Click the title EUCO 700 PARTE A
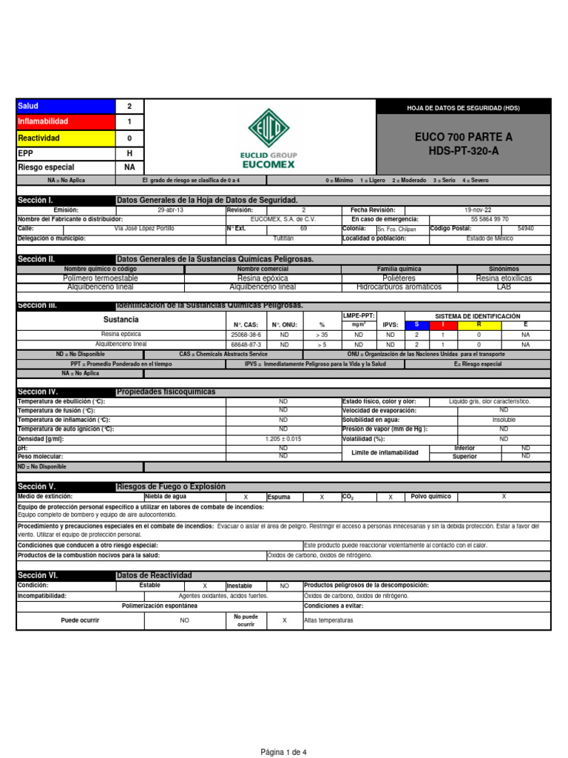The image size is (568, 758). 464,138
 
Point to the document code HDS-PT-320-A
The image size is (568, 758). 464,150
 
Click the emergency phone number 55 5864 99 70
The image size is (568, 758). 489,219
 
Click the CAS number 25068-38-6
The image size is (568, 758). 246,335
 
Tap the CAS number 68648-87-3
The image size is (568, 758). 246,344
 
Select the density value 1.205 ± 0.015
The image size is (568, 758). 283,439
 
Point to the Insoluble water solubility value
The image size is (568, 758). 504,419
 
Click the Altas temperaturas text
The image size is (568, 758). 329,620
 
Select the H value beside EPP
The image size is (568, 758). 129,152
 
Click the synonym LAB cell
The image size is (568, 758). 504,286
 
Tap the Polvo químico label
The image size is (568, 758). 434,497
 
